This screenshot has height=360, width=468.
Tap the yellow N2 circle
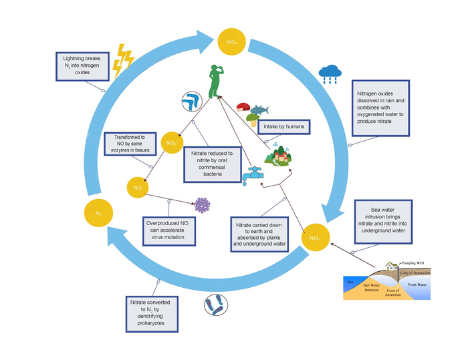click(x=98, y=213)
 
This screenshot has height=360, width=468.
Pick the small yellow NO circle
click(x=137, y=188)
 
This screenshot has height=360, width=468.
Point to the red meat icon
click(x=242, y=106)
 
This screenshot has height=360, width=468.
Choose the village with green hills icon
click(x=281, y=158)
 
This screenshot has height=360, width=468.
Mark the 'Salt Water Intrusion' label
click(x=371, y=287)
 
